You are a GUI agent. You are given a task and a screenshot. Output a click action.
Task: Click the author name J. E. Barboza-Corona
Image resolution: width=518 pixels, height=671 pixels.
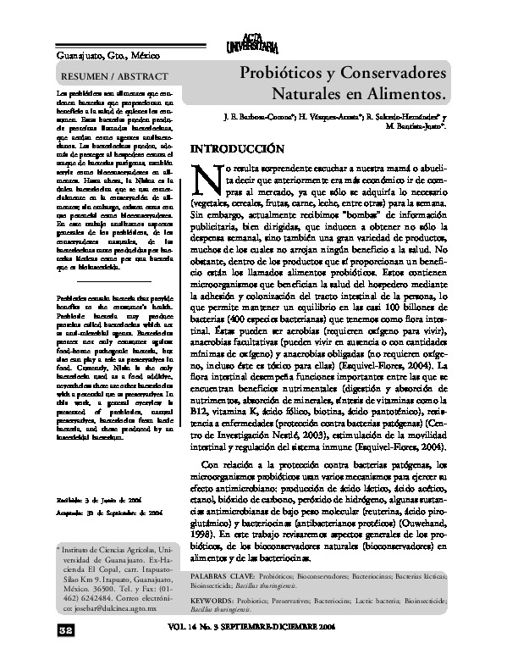[250, 115]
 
